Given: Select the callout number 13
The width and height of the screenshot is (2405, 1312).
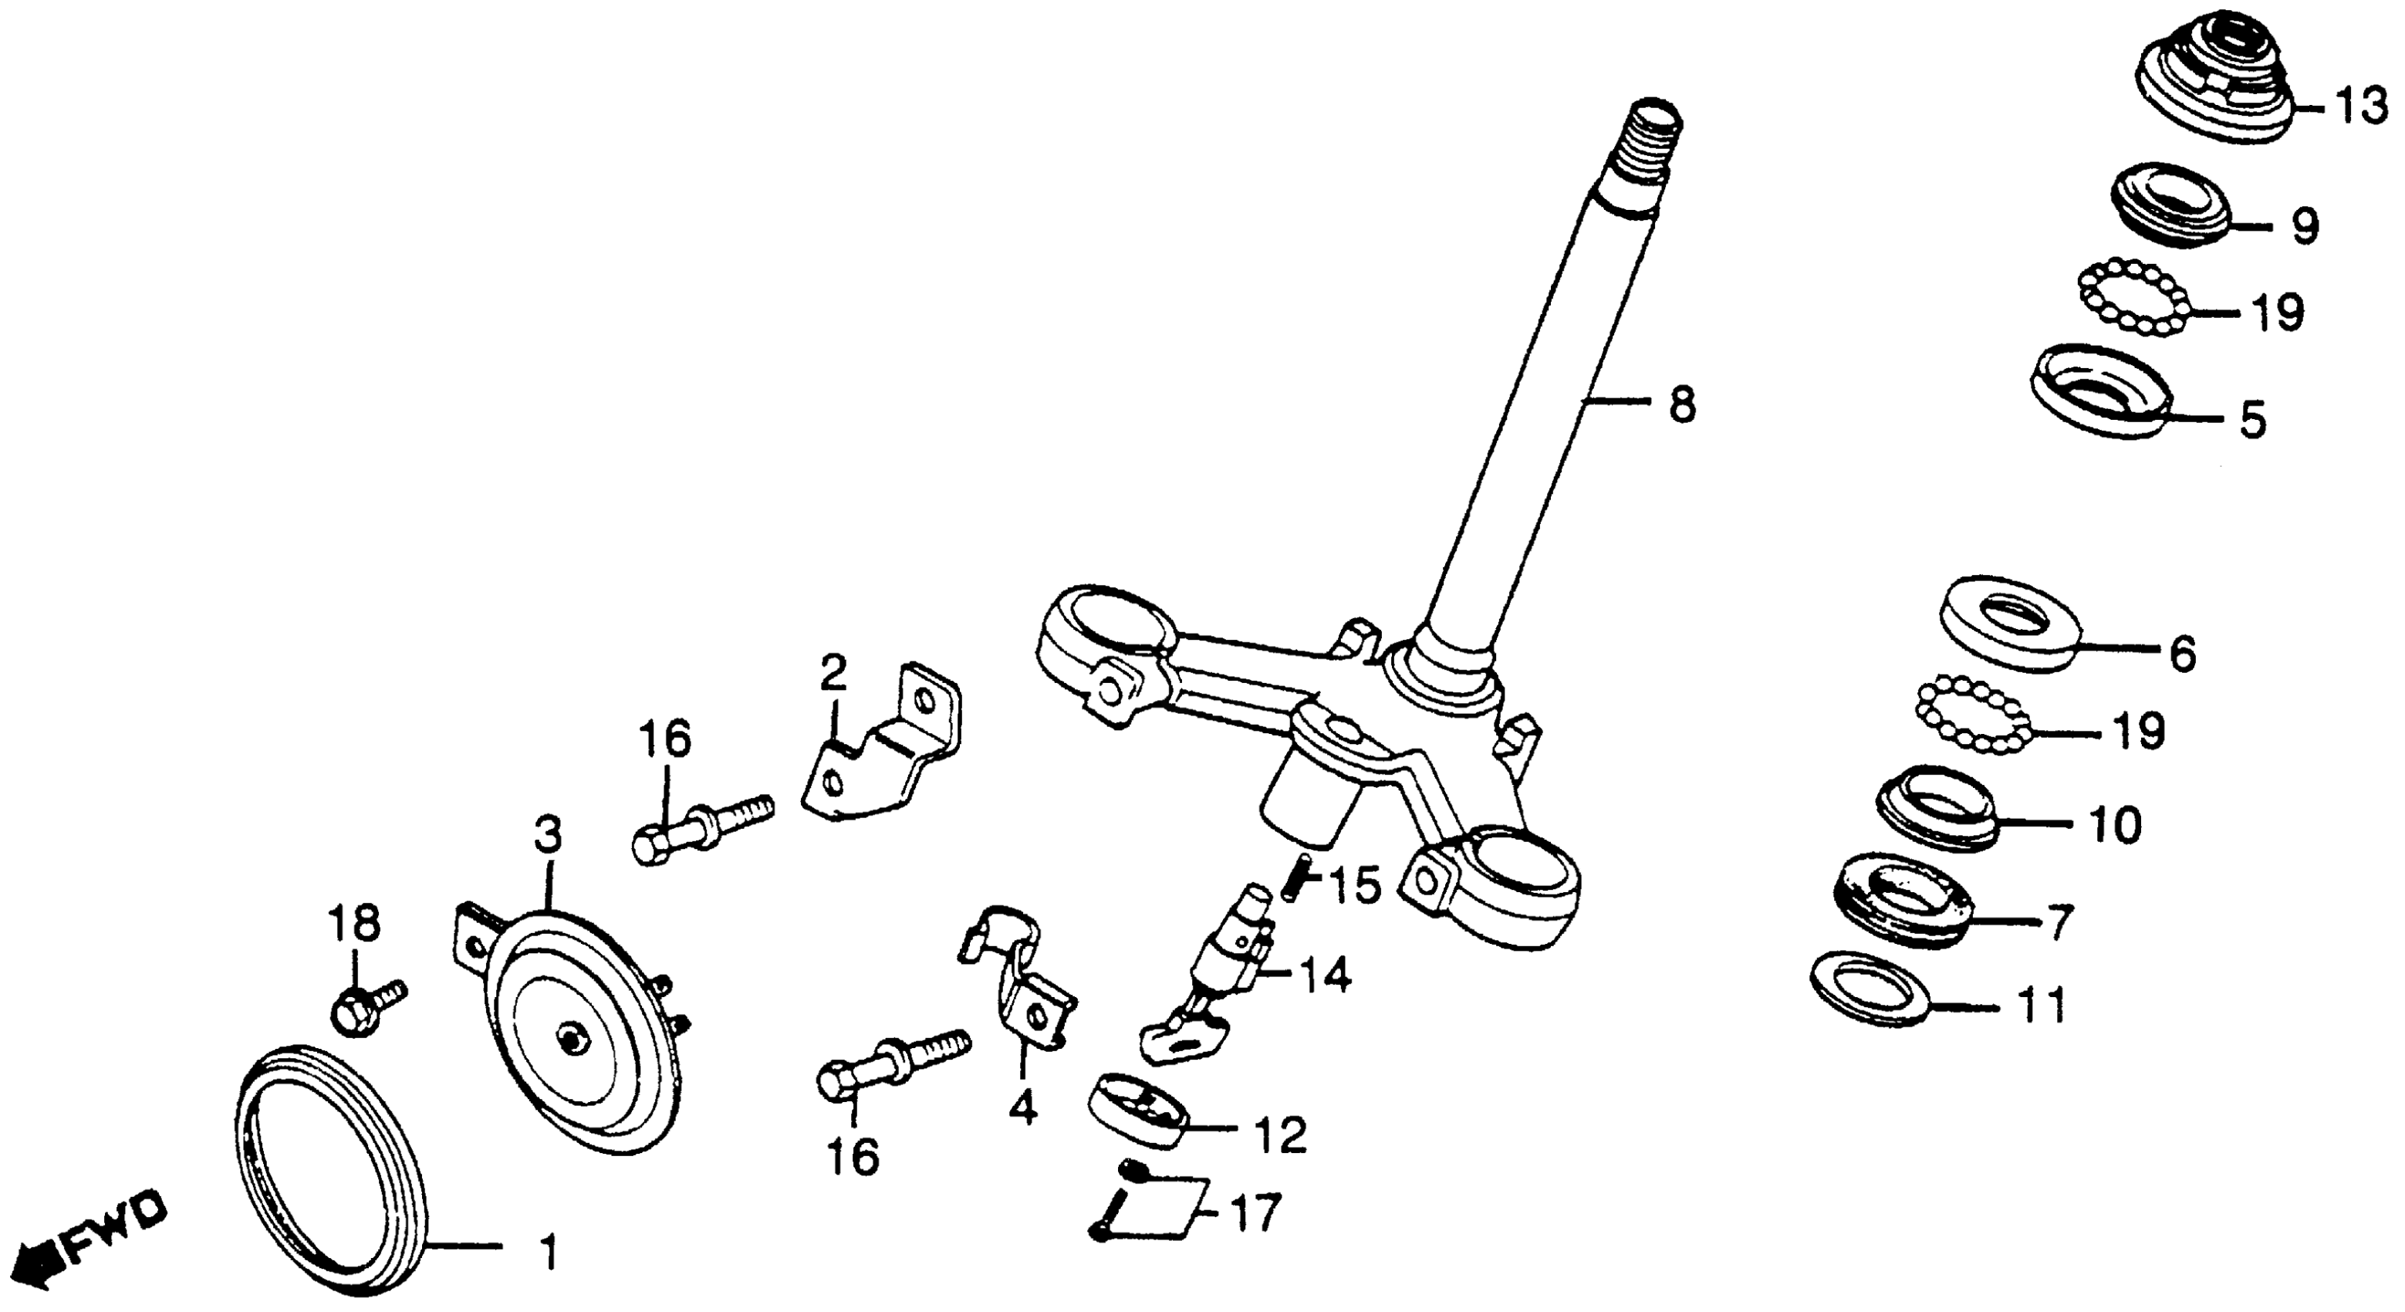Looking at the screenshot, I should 2362,108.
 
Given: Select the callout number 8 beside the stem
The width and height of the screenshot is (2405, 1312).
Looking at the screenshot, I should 1681,406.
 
